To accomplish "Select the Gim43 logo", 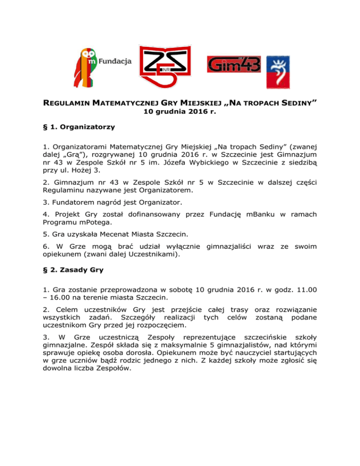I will coord(229,64).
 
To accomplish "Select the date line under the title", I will coord(180,112).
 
